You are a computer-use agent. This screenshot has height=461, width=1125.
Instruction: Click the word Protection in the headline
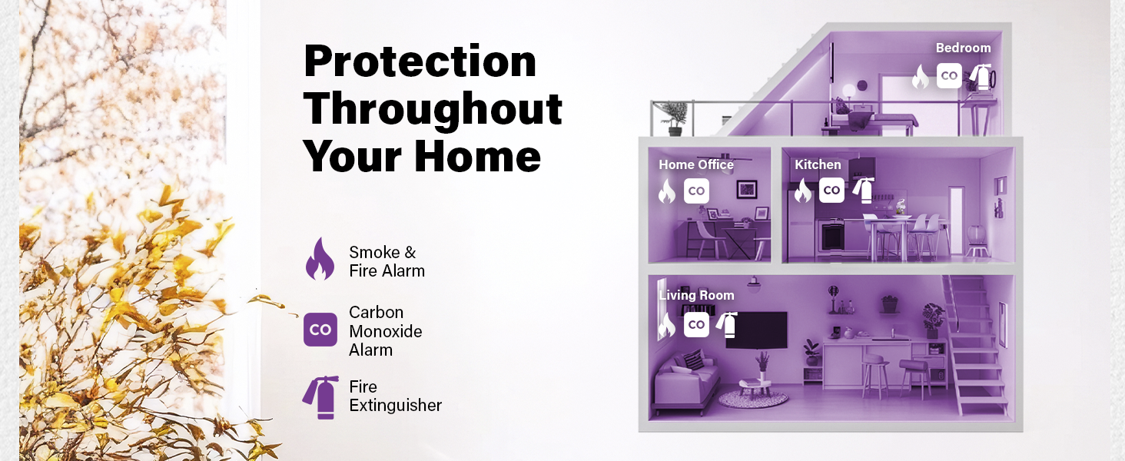[420, 61]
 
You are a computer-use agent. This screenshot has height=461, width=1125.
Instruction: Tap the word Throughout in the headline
[433, 109]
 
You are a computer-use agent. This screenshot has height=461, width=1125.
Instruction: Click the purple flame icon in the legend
[320, 260]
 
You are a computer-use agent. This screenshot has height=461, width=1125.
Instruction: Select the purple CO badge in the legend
[320, 330]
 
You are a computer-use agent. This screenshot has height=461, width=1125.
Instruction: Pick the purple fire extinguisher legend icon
[319, 396]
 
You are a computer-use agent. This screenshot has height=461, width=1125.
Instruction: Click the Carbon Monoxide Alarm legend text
[386, 331]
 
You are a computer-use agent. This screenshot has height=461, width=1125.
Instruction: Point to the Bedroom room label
[963, 48]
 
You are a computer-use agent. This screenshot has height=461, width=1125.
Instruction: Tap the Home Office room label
[695, 164]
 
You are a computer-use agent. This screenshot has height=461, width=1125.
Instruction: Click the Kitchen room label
[818, 164]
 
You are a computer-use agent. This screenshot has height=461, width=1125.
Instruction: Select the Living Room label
[696, 295]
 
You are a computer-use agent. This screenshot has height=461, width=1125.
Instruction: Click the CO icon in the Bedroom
[950, 75]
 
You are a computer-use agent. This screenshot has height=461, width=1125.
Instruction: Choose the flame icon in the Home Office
[666, 191]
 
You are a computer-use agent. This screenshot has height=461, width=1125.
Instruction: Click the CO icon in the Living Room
[696, 324]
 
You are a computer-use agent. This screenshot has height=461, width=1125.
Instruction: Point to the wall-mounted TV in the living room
[757, 329]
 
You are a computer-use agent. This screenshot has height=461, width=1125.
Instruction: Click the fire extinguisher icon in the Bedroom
[981, 76]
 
